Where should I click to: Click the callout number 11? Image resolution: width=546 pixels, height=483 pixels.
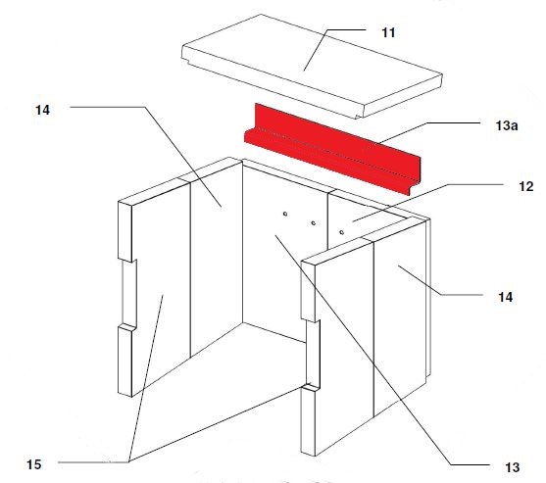[388, 32]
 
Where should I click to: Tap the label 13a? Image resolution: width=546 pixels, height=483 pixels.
[507, 125]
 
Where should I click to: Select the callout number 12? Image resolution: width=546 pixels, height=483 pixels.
[525, 187]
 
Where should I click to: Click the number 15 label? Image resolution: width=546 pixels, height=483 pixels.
[34, 464]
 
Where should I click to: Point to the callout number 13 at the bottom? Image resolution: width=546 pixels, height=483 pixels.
[512, 467]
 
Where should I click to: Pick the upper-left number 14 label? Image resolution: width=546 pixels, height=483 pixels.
[42, 110]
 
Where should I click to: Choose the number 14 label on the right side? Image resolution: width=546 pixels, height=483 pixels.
[505, 297]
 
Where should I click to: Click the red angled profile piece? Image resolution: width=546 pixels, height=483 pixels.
[333, 149]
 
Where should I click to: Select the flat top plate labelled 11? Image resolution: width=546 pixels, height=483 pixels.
[312, 66]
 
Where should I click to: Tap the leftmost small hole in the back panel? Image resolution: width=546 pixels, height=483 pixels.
[285, 214]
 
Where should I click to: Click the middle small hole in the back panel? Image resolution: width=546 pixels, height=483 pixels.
[314, 223]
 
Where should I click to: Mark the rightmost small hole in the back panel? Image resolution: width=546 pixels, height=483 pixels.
[341, 232]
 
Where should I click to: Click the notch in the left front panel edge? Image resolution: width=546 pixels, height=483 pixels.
[128, 293]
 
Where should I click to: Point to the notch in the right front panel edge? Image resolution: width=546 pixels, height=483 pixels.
[313, 353]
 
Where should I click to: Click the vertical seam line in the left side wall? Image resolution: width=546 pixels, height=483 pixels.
[190, 270]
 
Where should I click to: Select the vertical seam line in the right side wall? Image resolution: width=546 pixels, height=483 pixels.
[373, 329]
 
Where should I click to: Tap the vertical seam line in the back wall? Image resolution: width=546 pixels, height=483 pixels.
[328, 221]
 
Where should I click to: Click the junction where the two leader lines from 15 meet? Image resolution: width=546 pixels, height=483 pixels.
[129, 461]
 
